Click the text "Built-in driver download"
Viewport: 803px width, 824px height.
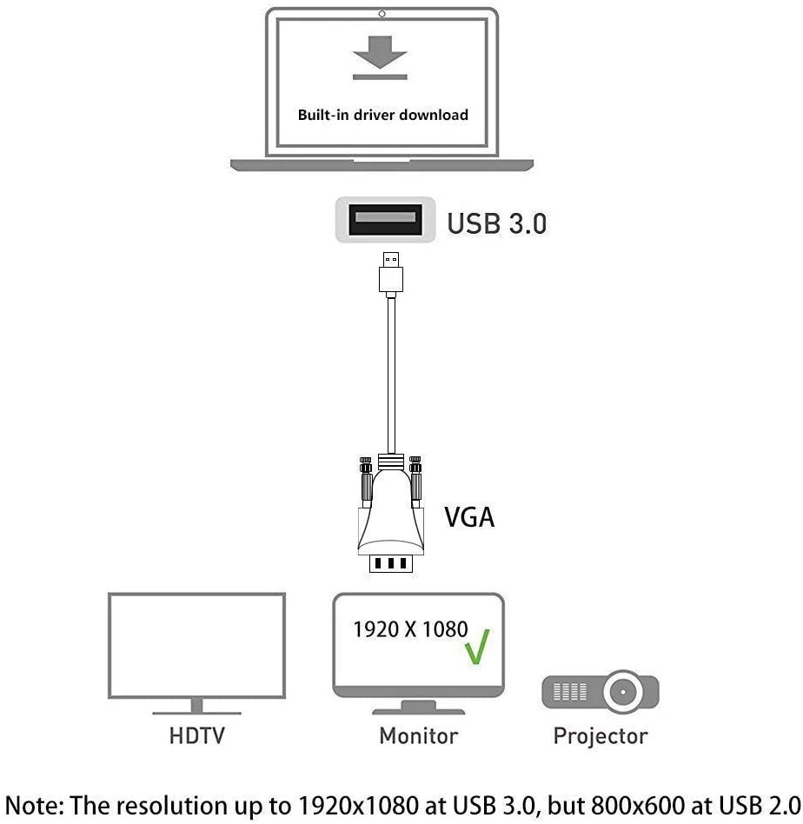pyautogui.click(x=382, y=115)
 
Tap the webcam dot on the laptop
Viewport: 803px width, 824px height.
pyautogui.click(x=382, y=14)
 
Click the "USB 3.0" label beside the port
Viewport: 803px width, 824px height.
pyautogui.click(x=496, y=223)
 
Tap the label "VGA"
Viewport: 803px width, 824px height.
pyautogui.click(x=469, y=518)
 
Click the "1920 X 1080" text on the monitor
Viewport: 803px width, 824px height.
pyautogui.click(x=410, y=629)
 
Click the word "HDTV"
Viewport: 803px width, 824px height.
pyautogui.click(x=196, y=736)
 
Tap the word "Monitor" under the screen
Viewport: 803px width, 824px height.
pyautogui.click(x=418, y=736)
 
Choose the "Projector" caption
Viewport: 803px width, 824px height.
pyautogui.click(x=601, y=736)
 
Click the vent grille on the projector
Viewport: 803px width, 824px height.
pyautogui.click(x=570, y=692)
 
